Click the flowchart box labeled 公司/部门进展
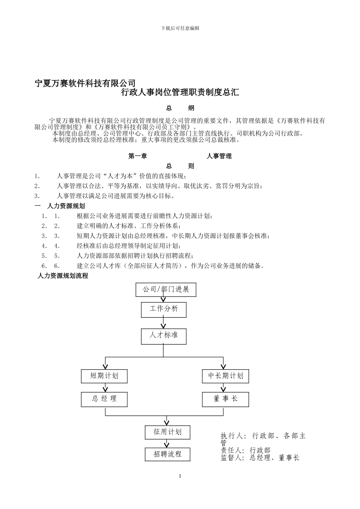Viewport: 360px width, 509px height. (x=166, y=290)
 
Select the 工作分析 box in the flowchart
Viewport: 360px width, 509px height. (x=164, y=309)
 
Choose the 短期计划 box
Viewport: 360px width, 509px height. (x=104, y=376)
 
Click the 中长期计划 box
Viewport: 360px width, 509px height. (x=225, y=376)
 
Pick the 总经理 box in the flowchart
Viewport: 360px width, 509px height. (x=104, y=399)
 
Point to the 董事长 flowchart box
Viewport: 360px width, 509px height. (x=225, y=399)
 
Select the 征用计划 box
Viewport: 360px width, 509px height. (x=167, y=432)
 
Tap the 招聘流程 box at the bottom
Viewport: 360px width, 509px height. (x=167, y=454)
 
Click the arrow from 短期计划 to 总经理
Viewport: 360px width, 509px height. (x=105, y=388)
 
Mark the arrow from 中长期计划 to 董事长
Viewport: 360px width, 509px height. (x=224, y=388)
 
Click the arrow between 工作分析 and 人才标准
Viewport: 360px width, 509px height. (x=164, y=323)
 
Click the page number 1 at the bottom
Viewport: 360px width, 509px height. (x=180, y=476)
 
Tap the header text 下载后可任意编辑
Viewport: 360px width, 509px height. (x=180, y=28)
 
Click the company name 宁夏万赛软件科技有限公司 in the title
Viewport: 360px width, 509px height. (x=85, y=83)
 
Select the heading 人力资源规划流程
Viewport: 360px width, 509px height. (x=63, y=276)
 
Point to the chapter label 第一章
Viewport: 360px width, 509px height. (x=138, y=156)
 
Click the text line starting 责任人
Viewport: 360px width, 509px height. (x=246, y=450)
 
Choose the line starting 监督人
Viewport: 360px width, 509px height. (x=260, y=458)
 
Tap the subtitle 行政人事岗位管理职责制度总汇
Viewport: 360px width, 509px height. (x=180, y=92)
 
